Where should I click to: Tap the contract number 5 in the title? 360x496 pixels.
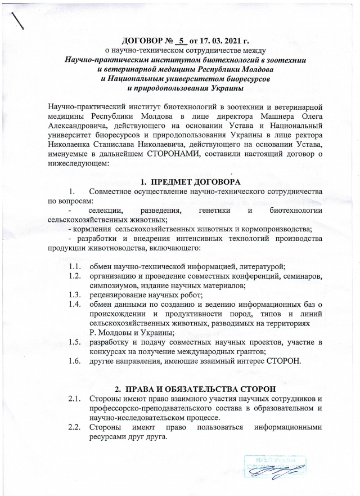coord(181,41)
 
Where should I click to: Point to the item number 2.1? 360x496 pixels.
coord(75,400)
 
